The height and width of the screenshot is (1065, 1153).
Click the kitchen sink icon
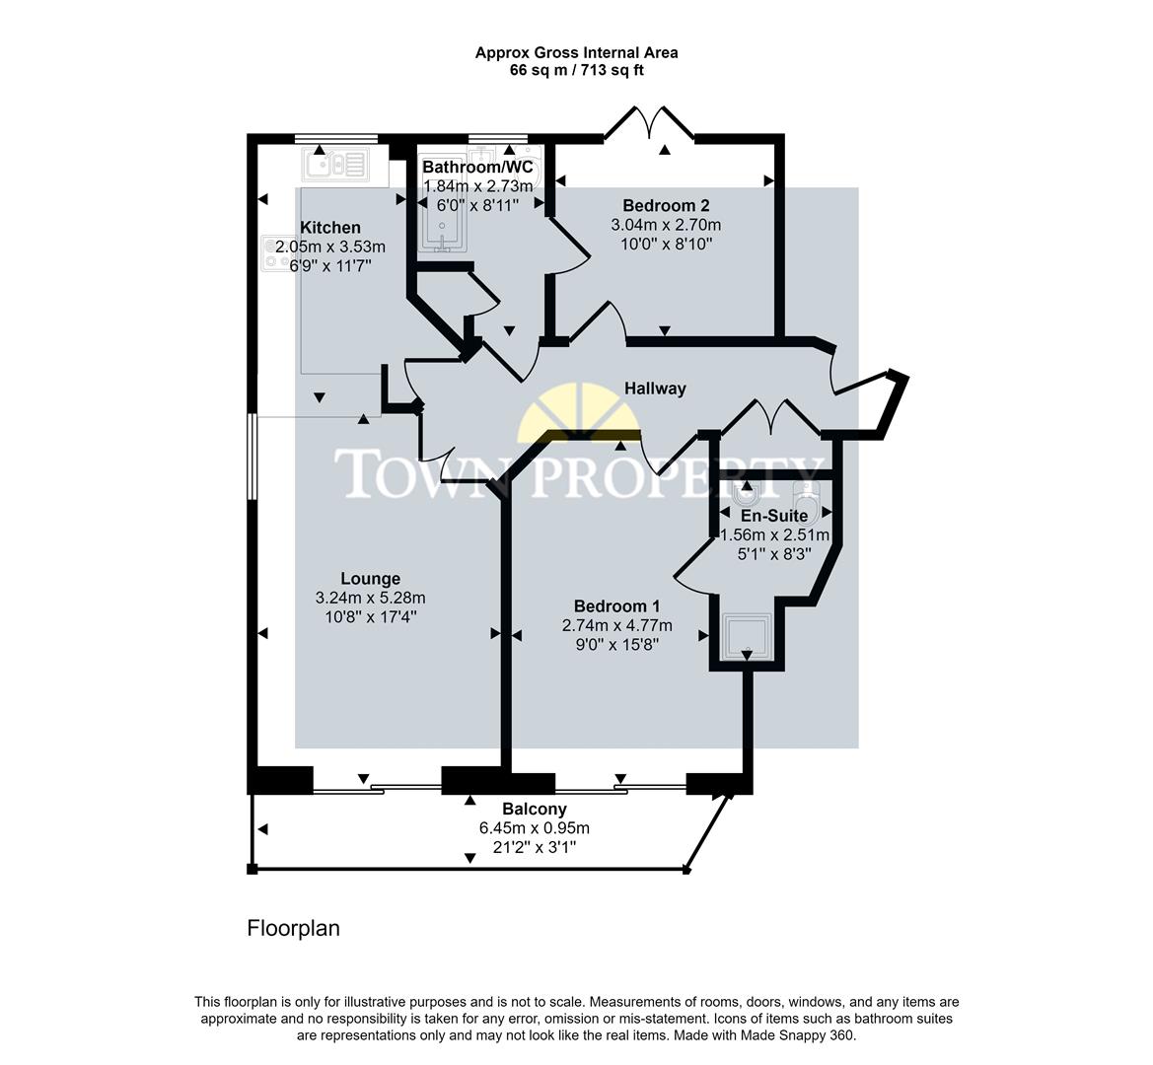tap(336, 164)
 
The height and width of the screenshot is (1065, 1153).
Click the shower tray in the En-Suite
tap(746, 637)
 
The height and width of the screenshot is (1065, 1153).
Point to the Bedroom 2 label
tap(666, 206)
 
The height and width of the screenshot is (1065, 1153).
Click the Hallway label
tap(655, 389)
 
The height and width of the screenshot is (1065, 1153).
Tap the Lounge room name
tap(370, 579)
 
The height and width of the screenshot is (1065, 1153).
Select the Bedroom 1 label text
tap(616, 606)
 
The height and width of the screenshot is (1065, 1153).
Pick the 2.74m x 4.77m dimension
tap(616, 626)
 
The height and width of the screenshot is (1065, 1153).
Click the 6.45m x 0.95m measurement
tap(535, 828)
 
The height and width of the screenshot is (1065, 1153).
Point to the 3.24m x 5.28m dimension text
tap(370, 598)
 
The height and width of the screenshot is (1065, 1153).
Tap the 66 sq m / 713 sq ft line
tap(576, 70)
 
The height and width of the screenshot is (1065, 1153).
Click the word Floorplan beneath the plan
tap(293, 928)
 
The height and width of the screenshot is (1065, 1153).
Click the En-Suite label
tap(774, 516)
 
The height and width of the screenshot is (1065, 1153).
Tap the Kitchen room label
tap(330, 228)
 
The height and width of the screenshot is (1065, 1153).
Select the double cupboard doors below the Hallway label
tap(769, 417)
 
